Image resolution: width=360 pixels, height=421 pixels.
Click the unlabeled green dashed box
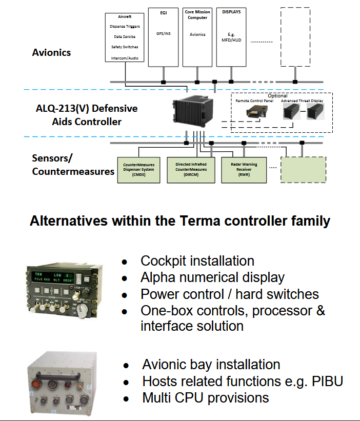click(x=303, y=170)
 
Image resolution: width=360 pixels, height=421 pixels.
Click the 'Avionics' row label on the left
click(x=51, y=52)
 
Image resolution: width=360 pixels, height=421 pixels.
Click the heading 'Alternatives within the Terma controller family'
click(x=179, y=221)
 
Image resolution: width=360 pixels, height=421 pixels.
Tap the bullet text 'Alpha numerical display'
click(x=212, y=277)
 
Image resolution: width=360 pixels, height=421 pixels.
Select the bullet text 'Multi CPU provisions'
click(x=205, y=397)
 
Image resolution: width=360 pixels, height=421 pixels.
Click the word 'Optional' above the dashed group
click(x=277, y=95)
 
